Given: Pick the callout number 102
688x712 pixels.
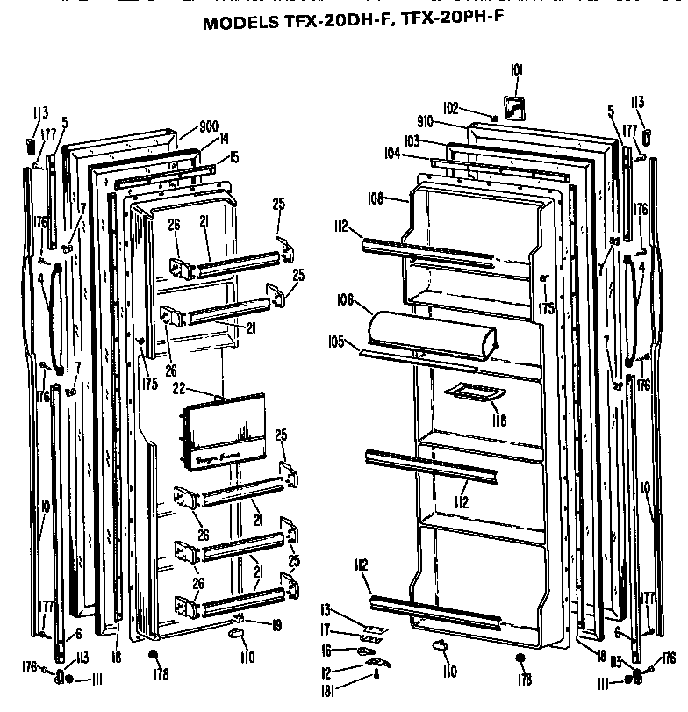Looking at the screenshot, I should coord(450,109).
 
